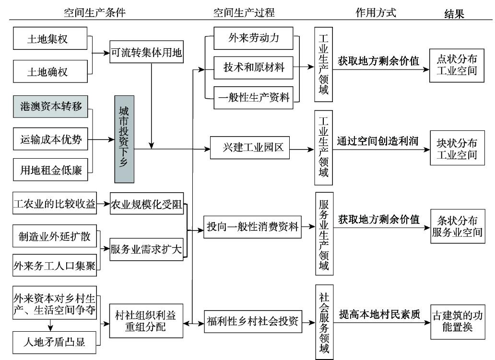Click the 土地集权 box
[x=47, y=39]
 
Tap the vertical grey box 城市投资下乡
[x=124, y=139]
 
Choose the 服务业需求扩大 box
[x=146, y=249]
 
